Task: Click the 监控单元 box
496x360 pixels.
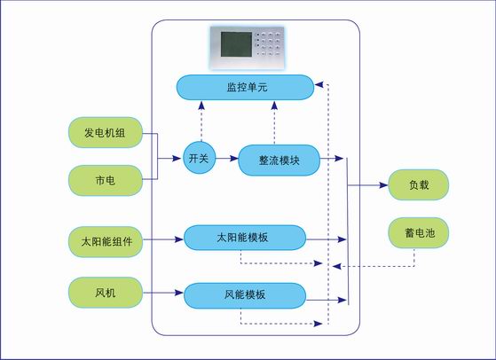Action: (x=245, y=87)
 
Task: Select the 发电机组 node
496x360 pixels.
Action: (x=106, y=133)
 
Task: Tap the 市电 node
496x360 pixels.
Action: (x=106, y=181)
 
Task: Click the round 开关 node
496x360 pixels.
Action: (x=200, y=158)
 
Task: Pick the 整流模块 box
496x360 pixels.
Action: (x=279, y=160)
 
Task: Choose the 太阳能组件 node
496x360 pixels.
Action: (x=106, y=242)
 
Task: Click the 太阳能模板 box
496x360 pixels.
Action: (x=245, y=238)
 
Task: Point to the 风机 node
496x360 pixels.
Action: (x=106, y=293)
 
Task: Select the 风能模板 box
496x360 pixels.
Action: (x=245, y=295)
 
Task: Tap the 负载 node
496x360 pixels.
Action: (x=419, y=185)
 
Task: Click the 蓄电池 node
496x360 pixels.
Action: (x=419, y=233)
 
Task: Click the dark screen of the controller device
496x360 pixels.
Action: (x=236, y=44)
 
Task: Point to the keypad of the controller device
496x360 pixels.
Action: (x=268, y=44)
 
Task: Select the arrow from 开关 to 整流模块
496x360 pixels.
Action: (x=227, y=158)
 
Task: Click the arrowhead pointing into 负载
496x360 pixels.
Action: (x=383, y=185)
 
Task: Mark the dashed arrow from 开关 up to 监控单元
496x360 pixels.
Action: (x=201, y=121)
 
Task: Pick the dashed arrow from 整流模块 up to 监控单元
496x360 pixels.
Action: (x=274, y=123)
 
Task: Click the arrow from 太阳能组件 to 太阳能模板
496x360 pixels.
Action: (x=163, y=239)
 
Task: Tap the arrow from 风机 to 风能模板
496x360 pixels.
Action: (x=163, y=293)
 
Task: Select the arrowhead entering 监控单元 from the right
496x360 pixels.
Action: (x=319, y=84)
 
